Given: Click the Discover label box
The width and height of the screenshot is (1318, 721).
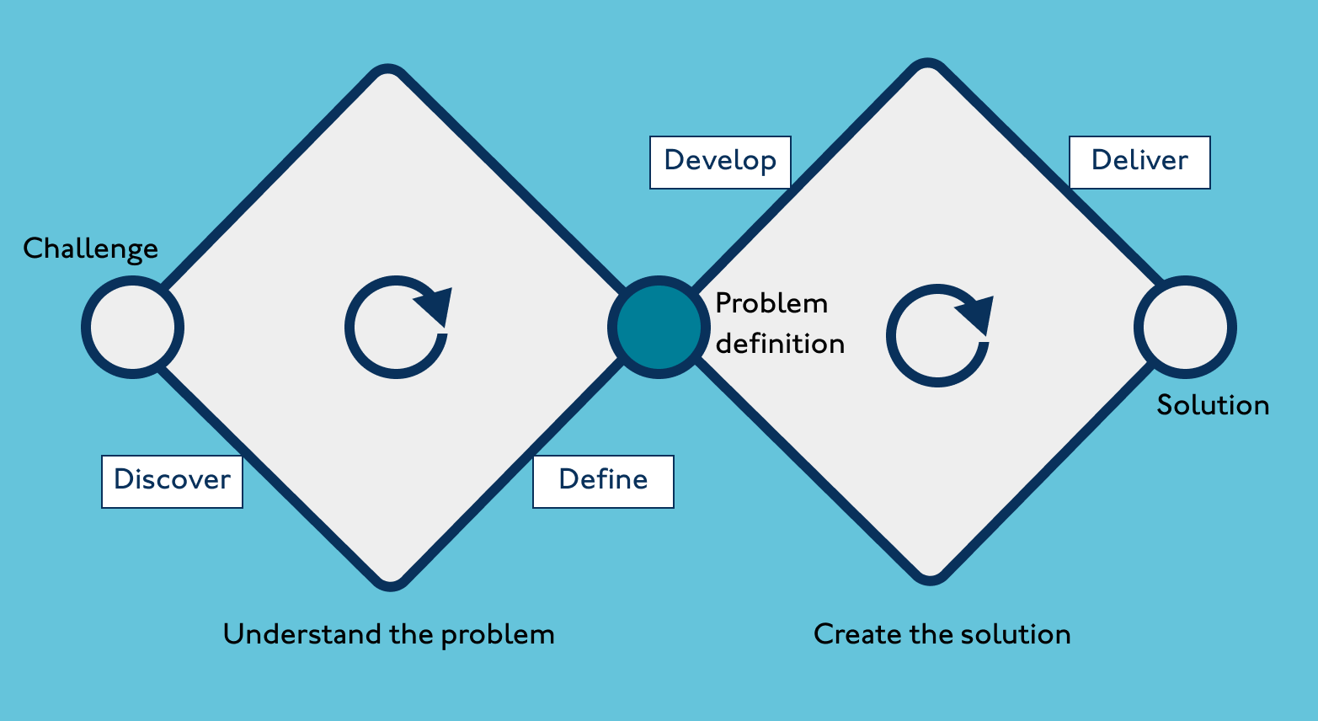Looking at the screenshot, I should tap(172, 481).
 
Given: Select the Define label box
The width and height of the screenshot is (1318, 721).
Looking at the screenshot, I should tap(603, 481).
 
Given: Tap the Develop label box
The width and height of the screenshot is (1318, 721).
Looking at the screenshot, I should tap(720, 162).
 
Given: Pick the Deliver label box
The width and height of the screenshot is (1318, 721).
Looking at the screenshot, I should tap(1139, 162).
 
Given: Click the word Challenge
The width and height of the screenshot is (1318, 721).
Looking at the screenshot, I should tap(90, 249).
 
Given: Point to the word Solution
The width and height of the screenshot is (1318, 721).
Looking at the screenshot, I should tap(1213, 405).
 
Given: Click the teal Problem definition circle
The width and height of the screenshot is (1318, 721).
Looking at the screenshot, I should tap(659, 328).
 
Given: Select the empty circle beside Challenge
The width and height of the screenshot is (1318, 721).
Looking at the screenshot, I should tap(132, 328).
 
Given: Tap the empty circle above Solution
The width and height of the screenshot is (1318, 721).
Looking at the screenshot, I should tap(1185, 328).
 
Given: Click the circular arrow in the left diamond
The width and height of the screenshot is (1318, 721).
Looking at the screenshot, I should tap(397, 328).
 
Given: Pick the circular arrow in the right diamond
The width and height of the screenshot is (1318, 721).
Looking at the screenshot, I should tap(938, 336).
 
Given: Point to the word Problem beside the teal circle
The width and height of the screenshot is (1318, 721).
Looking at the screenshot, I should tap(771, 304).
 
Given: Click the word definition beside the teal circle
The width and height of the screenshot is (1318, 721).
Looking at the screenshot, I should tap(780, 344).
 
